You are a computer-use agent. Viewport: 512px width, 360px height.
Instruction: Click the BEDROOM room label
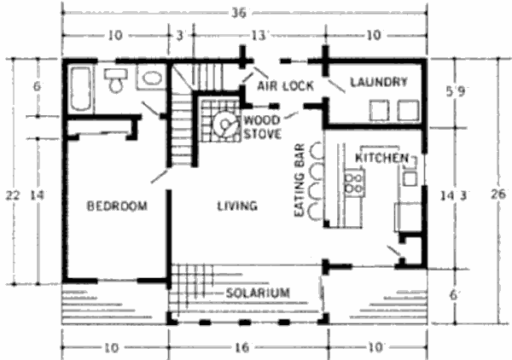(117, 206)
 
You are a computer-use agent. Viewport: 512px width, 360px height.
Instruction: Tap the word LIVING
(237, 206)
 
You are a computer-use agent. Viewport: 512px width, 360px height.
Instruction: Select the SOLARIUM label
(258, 293)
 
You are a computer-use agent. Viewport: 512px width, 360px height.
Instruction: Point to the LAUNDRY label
(379, 82)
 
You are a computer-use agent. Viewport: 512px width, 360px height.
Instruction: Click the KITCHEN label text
(381, 158)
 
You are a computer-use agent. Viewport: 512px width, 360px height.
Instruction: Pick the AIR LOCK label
(285, 86)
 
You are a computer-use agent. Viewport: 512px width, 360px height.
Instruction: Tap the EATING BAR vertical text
(300, 180)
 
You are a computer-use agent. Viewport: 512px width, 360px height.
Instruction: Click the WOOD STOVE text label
(263, 127)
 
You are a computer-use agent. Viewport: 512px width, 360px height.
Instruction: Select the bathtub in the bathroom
(80, 89)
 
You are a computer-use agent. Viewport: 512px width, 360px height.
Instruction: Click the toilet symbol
(115, 81)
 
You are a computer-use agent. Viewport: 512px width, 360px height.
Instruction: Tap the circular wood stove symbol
(224, 124)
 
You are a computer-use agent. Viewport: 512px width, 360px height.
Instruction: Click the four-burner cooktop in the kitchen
(354, 183)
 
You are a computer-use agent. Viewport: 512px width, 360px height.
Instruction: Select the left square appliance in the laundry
(379, 111)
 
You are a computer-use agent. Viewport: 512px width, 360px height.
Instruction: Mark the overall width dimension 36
(239, 14)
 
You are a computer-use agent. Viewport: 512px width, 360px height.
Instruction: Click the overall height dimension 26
(498, 194)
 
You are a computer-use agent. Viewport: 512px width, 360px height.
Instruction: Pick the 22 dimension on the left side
(13, 195)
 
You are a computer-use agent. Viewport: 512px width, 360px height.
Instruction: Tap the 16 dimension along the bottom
(242, 347)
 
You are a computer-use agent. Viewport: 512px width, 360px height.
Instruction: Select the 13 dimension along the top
(259, 35)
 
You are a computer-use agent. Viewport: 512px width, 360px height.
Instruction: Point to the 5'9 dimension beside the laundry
(456, 92)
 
